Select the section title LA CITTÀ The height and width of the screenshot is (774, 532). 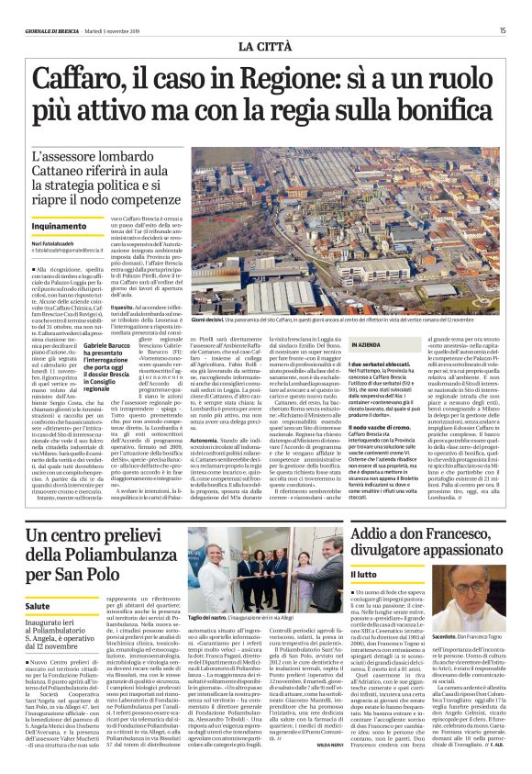266,45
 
